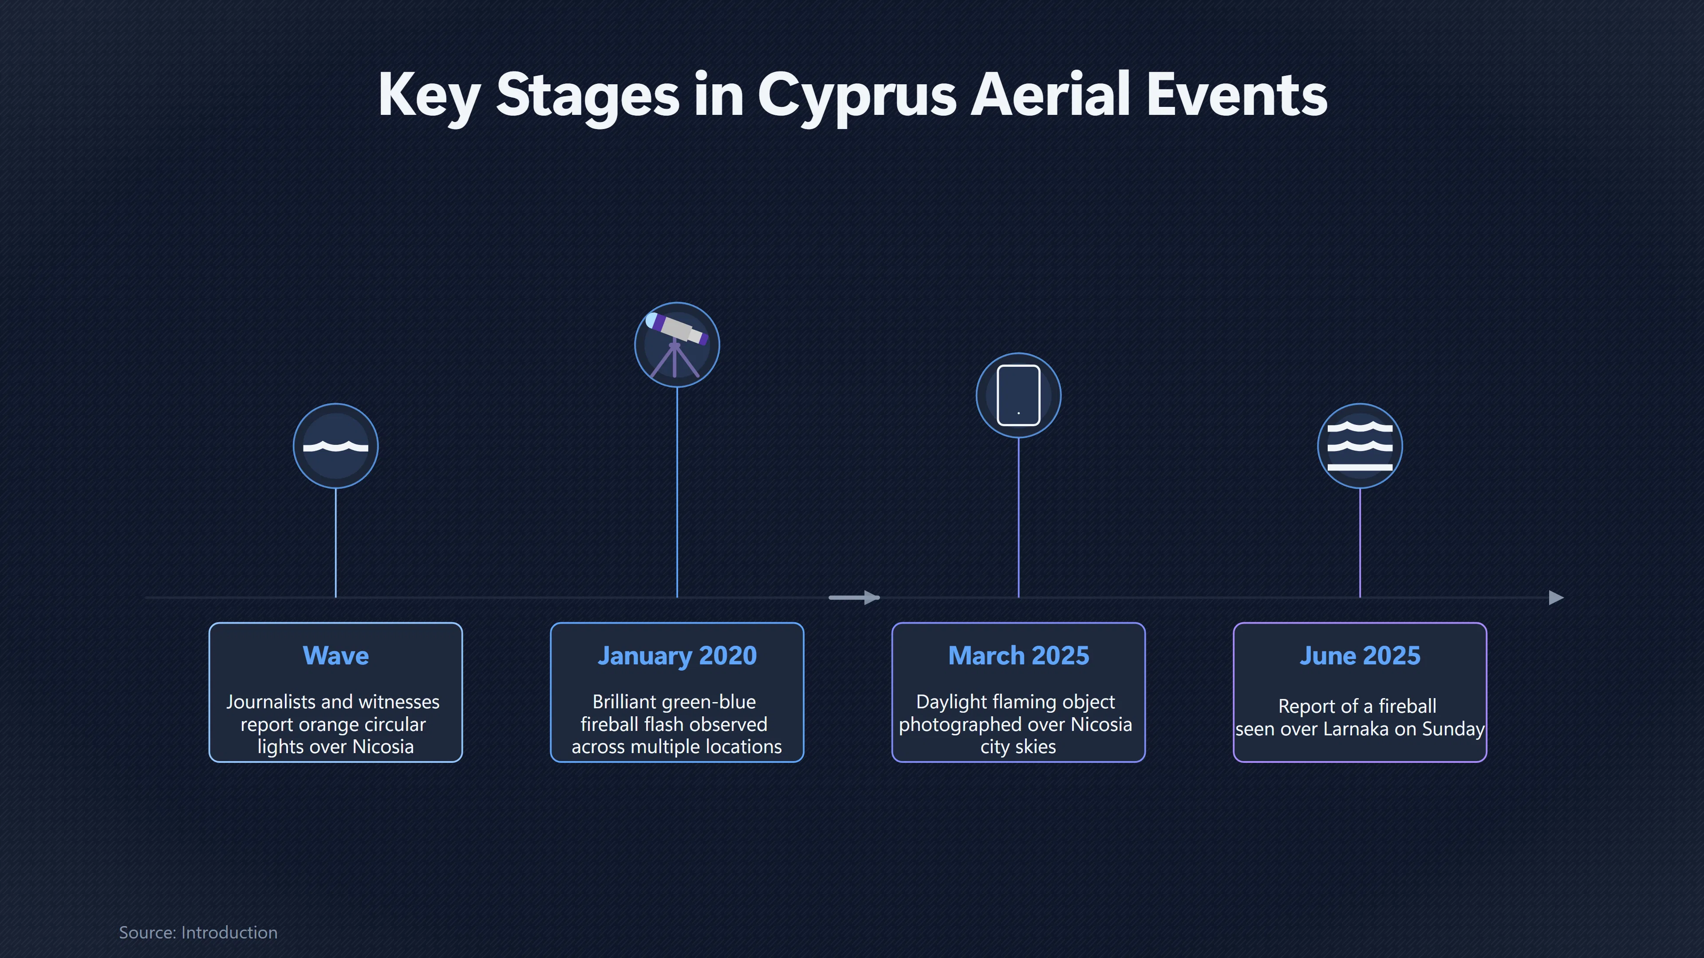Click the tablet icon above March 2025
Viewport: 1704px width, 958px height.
1018,395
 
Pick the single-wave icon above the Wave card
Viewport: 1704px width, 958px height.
335,446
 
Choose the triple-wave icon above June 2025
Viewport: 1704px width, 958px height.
1359,446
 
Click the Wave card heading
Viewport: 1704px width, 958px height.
335,655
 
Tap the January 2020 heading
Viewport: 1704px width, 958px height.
677,655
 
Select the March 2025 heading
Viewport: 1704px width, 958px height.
1018,655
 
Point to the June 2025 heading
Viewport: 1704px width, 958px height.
1359,655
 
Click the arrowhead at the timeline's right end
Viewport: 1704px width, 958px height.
1557,598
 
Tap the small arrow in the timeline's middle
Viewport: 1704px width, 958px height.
854,598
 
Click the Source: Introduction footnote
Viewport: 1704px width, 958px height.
198,932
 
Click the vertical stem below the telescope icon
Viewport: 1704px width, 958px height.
677,492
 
